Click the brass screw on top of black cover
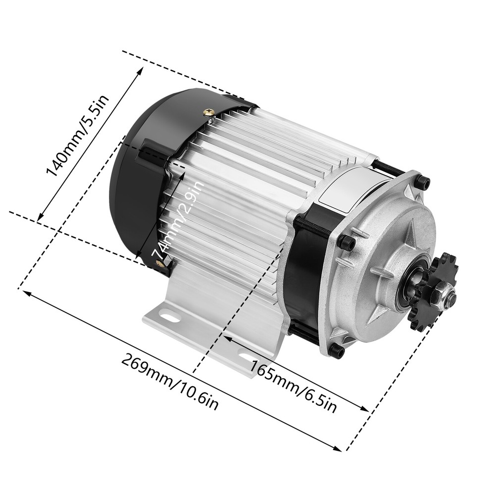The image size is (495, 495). [210, 113]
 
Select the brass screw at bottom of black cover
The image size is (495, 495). [161, 264]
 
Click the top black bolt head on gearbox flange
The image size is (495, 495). [422, 183]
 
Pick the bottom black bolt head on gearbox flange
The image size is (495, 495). [337, 350]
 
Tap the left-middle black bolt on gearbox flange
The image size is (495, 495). [347, 243]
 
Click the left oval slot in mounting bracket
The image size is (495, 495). [170, 315]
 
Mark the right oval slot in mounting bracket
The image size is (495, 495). [246, 355]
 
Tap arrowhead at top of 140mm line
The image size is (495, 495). [141, 69]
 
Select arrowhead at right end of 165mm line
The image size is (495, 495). [367, 410]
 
